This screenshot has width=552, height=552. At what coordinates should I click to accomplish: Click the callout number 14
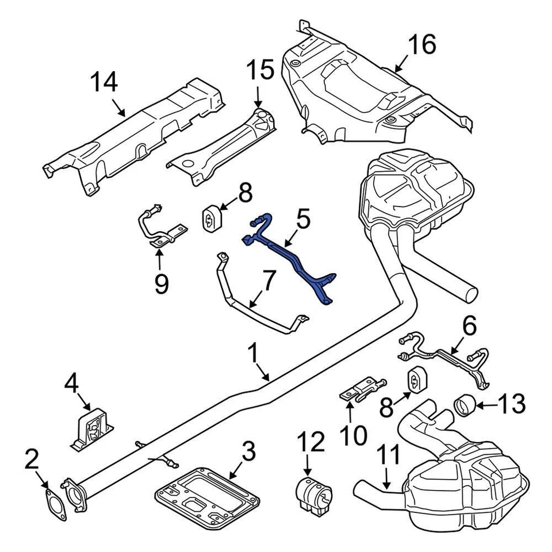(105, 82)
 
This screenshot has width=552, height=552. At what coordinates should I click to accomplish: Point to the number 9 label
(161, 283)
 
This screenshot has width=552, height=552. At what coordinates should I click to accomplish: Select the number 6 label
(469, 327)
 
